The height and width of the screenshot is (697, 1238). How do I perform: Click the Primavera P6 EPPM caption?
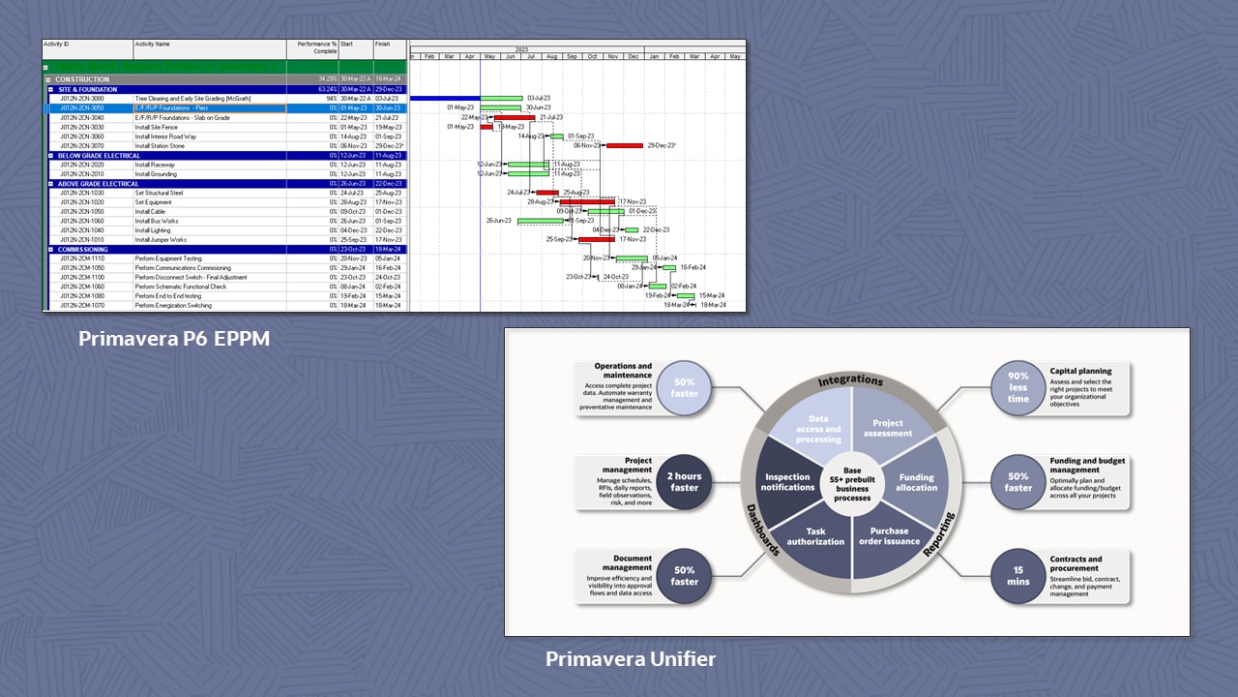pyautogui.click(x=174, y=340)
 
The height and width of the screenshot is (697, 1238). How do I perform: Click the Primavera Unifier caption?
pyautogui.click(x=631, y=659)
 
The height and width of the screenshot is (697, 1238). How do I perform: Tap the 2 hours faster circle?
pyautogui.click(x=685, y=481)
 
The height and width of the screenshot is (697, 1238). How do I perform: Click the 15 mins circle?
pyautogui.click(x=1017, y=575)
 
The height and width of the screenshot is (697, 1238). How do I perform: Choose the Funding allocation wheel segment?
pyautogui.click(x=916, y=481)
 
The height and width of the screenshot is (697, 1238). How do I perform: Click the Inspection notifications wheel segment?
pyautogui.click(x=788, y=481)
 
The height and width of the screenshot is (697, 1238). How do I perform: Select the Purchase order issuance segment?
pyautogui.click(x=888, y=536)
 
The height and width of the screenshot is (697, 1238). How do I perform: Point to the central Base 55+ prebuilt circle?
pyautogui.click(x=852, y=481)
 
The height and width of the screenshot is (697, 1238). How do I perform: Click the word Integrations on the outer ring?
pyautogui.click(x=852, y=380)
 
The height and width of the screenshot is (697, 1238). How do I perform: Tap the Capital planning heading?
pyautogui.click(x=1080, y=371)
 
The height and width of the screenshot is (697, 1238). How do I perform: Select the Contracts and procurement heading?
pyautogui.click(x=1076, y=563)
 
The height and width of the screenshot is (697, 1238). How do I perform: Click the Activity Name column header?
pyautogui.click(x=153, y=45)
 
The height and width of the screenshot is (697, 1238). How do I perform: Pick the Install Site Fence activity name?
pyautogui.click(x=157, y=127)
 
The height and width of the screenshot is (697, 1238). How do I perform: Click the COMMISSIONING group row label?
pyautogui.click(x=83, y=249)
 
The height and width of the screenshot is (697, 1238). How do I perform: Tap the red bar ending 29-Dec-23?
pyautogui.click(x=624, y=145)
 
